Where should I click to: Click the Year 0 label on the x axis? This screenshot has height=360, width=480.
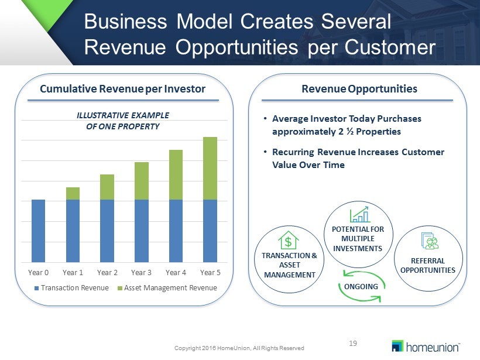[x=38, y=272]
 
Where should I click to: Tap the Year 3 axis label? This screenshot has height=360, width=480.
[x=141, y=272]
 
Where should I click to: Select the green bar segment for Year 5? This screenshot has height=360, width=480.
[x=210, y=169]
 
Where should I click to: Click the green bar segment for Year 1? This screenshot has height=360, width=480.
[x=73, y=194]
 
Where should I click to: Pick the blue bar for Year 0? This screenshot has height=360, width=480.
[x=38, y=231]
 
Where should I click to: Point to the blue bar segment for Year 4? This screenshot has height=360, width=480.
[x=176, y=231]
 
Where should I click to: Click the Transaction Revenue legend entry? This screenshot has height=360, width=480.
[x=71, y=288]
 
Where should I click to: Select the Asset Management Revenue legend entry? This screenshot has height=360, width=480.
[x=167, y=288]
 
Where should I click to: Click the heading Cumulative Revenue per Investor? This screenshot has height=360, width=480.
[x=122, y=89]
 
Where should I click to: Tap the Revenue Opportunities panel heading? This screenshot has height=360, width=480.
[x=359, y=89]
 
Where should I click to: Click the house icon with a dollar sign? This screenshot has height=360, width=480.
[x=289, y=241]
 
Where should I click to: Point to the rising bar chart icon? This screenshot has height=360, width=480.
[x=359, y=214]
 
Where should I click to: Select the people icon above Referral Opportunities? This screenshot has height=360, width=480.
[x=430, y=241]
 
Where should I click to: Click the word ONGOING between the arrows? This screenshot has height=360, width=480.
[x=361, y=286]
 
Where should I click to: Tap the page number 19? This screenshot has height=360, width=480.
[x=353, y=344]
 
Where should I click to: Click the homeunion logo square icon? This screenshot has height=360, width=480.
[x=397, y=346]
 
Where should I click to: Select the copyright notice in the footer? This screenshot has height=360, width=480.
[x=239, y=348]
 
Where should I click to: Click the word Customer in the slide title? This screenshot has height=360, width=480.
[x=390, y=47]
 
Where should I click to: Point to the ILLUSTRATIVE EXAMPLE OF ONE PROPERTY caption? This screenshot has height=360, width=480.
[x=123, y=121]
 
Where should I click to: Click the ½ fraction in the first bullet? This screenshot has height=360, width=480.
[x=350, y=132]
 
